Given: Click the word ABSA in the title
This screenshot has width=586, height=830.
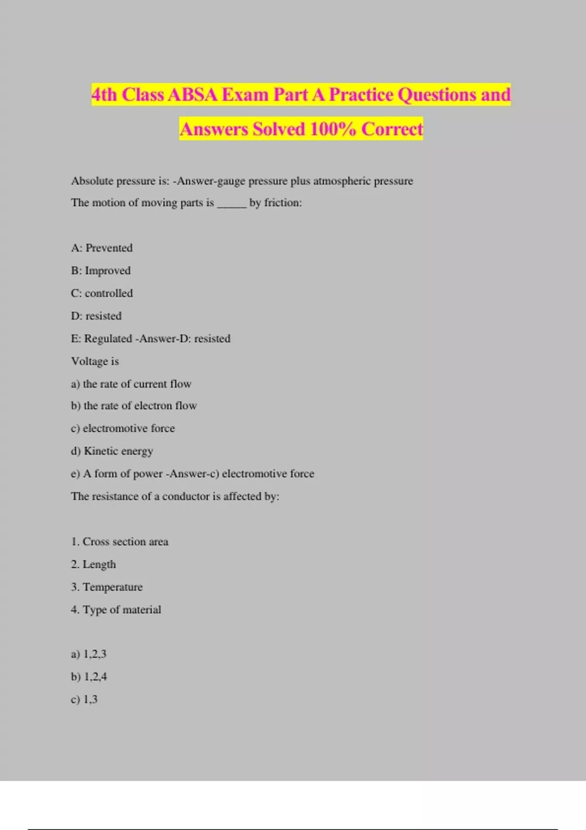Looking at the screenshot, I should click(x=192, y=95).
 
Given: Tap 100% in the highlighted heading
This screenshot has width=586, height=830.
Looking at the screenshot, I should click(x=332, y=129).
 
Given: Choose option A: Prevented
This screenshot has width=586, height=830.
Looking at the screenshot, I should click(x=102, y=248).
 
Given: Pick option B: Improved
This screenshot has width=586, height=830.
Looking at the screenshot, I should click(x=101, y=270).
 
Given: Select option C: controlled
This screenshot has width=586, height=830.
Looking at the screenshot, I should click(x=102, y=293).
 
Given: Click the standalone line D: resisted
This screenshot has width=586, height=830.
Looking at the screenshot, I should click(x=96, y=316).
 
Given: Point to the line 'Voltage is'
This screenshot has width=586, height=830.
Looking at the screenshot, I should click(x=95, y=361).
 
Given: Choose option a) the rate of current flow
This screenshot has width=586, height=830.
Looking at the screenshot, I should click(x=131, y=384).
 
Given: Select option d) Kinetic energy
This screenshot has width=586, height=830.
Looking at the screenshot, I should click(x=112, y=451).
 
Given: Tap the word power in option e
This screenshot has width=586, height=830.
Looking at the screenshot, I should click(x=147, y=474).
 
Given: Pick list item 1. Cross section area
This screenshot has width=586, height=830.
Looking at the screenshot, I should click(x=120, y=542).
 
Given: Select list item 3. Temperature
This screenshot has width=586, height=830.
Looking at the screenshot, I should click(x=106, y=587).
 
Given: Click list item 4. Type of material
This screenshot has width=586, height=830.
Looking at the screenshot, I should click(x=116, y=610).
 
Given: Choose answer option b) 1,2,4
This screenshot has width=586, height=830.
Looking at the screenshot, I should click(x=89, y=677).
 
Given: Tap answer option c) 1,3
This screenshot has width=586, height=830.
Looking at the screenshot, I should click(x=84, y=700).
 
